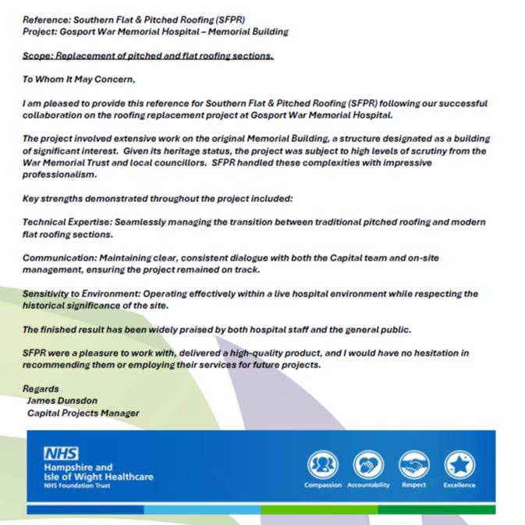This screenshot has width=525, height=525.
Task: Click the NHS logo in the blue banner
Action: pyautogui.click(x=62, y=453)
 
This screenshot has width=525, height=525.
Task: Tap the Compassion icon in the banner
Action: pyautogui.click(x=322, y=465)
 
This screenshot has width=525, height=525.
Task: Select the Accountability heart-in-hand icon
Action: pyautogui.click(x=367, y=465)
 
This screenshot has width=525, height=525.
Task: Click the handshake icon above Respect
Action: pyautogui.click(x=413, y=465)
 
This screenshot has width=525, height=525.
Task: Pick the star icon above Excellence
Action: pyautogui.click(x=459, y=465)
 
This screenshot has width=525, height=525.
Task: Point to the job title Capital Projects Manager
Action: pyautogui.click(x=83, y=413)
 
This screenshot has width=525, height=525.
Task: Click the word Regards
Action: pyautogui.click(x=41, y=388)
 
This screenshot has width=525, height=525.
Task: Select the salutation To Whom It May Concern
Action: pyautogui.click(x=79, y=79)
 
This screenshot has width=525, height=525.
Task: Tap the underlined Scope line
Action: pyautogui.click(x=148, y=55)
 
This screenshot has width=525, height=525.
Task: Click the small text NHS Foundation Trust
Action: pyautogui.click(x=77, y=485)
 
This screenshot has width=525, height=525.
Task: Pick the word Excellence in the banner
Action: pyautogui.click(x=459, y=485)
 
